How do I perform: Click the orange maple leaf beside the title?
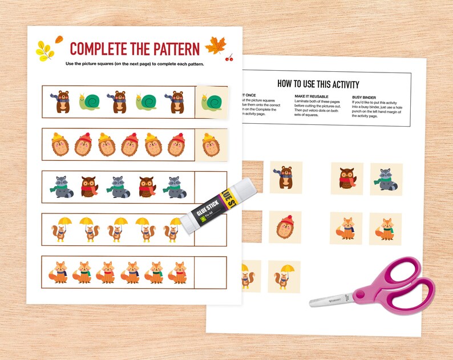216,45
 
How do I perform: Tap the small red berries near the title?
229,57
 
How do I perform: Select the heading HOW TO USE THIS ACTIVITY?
326,84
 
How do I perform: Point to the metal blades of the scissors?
331,300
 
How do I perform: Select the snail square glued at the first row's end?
212,102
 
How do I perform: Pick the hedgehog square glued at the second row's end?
212,144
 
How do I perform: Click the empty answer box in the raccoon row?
211,187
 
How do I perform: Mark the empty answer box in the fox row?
211,272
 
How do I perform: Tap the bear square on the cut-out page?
286,177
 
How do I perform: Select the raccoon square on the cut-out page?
386,179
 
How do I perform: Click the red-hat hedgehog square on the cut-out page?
285,228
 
